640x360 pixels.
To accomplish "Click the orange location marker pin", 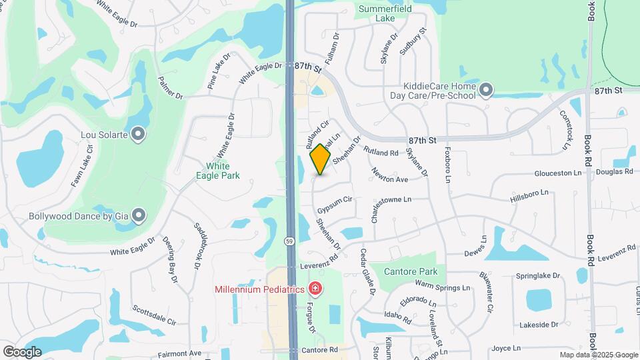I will tap(321, 159).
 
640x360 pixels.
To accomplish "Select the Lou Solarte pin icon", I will tap(139, 135).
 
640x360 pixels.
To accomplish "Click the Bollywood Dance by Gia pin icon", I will tap(139, 215).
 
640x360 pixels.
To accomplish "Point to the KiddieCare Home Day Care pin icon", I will tap(486, 89).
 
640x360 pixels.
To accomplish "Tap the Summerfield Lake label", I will tap(385, 13).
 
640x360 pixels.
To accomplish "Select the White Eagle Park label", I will tap(223, 171).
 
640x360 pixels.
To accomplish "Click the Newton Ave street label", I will tap(390, 175).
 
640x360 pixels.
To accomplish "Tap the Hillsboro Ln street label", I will tap(529, 193).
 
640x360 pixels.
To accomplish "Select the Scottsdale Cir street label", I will tap(153, 315).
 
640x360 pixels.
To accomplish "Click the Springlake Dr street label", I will tap(538, 275).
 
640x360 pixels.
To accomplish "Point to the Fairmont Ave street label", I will tap(179, 353).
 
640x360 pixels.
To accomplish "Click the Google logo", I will tap(23, 351).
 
